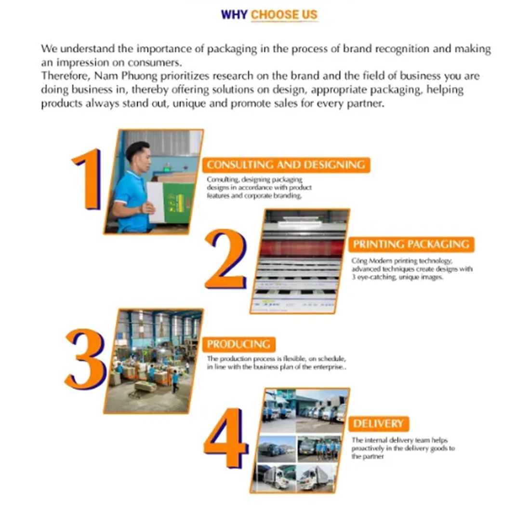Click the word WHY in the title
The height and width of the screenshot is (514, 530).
[x=234, y=14]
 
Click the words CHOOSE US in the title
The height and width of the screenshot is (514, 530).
[x=284, y=14]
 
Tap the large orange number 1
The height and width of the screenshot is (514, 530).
[x=87, y=179]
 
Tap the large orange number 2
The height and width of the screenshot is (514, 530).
[x=226, y=259]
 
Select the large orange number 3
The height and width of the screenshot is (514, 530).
[x=85, y=359]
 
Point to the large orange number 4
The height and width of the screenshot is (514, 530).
[x=226, y=438]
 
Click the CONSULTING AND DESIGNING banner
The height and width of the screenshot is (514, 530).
[x=286, y=165]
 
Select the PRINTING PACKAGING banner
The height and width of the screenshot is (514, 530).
[x=411, y=244]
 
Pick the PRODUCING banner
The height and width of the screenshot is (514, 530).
[x=238, y=344]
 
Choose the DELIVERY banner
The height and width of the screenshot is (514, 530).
[x=378, y=423]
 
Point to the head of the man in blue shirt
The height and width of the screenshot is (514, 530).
[x=138, y=157]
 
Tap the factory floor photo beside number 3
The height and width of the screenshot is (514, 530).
[x=154, y=361]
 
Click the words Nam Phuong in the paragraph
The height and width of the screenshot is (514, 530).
[x=126, y=76]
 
